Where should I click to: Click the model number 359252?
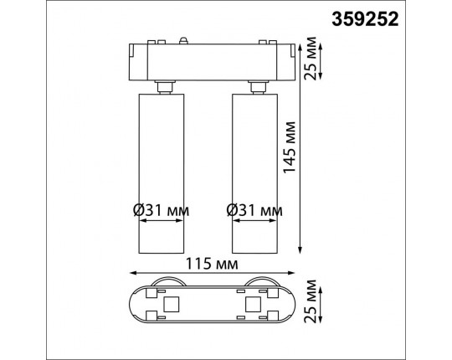coord(365,19)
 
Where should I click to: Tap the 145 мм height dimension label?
coord(290,147)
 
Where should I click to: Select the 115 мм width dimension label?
coord(212,264)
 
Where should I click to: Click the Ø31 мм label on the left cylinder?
coord(162,210)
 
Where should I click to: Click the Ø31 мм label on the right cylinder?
coord(254,210)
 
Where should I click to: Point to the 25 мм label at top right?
coord(311,59)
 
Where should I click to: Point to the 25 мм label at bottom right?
coord(311,301)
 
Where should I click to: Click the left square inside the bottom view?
coord(172,305)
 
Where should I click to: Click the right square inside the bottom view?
coord(253,305)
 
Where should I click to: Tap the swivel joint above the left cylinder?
coord(165,87)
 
